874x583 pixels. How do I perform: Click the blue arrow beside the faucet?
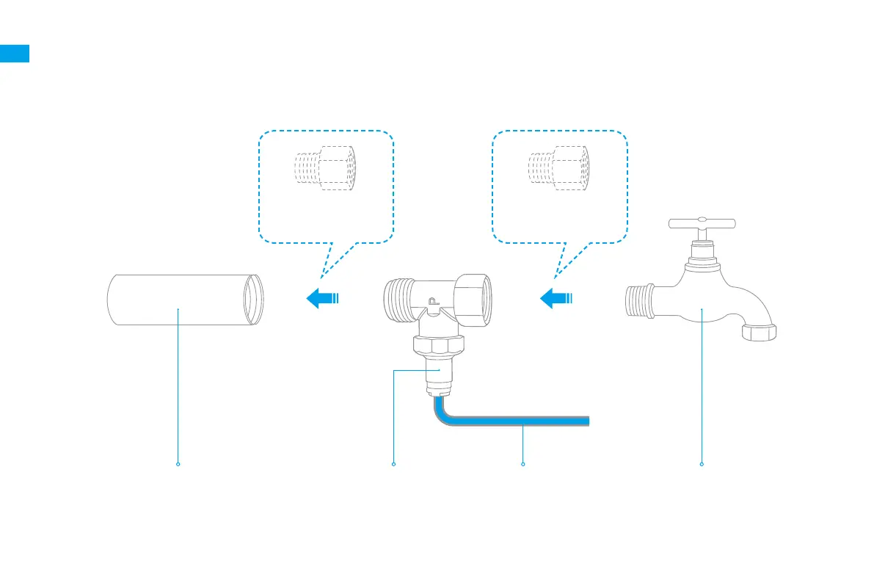(554, 298)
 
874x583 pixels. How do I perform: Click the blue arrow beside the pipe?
(320, 298)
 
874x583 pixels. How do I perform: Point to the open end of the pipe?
(253, 299)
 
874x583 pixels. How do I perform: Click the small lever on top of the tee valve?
(432, 301)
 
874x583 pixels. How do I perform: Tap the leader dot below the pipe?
(178, 464)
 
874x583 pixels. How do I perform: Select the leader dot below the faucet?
(702, 464)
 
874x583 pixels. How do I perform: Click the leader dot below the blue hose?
(523, 464)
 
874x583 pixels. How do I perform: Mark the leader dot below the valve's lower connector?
(394, 464)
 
